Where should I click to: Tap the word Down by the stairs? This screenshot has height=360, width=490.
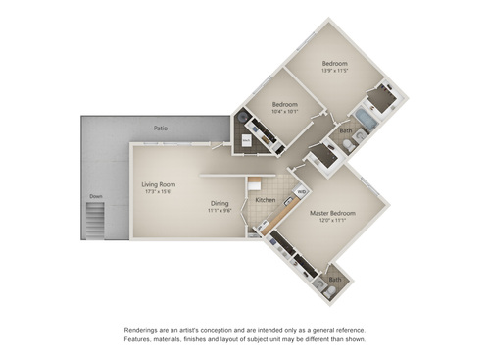pyautogui.click(x=95, y=196)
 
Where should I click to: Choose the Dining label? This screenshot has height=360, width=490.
pyautogui.click(x=220, y=203)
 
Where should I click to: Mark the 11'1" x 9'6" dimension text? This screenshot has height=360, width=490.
pyautogui.click(x=220, y=211)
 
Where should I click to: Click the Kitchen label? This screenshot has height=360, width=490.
pyautogui.click(x=266, y=200)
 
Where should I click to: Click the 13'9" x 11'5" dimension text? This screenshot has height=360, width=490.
pyautogui.click(x=336, y=70)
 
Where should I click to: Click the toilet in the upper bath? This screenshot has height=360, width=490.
pyautogui.click(x=351, y=144)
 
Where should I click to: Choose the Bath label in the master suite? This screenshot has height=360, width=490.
pyautogui.click(x=335, y=279)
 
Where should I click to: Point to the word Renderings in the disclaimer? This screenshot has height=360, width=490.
pyautogui.click(x=143, y=330)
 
